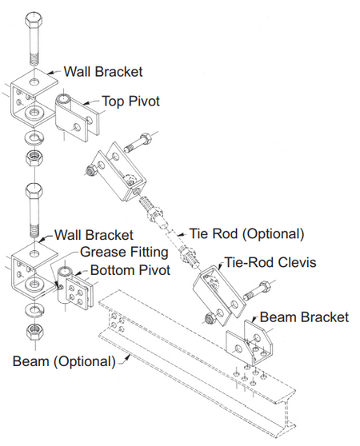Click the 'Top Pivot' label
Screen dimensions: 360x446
tap(131, 102)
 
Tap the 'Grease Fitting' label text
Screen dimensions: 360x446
tap(124, 252)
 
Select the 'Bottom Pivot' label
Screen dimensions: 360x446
tap(130, 270)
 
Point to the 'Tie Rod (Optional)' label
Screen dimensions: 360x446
tap(246, 234)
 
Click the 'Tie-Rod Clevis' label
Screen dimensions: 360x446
tap(270, 262)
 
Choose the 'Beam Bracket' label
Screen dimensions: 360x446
tap(304, 317)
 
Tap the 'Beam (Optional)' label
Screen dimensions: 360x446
tap(64, 361)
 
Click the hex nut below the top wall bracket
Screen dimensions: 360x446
tap(34, 157)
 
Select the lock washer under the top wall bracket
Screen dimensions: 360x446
tap(34, 137)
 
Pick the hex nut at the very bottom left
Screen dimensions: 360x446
tap(34, 332)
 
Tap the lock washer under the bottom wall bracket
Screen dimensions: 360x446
tap(34, 310)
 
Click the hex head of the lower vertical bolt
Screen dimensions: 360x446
tap(34, 192)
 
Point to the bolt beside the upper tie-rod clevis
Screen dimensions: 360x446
tap(138, 144)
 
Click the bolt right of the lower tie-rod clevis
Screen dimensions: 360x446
tap(258, 291)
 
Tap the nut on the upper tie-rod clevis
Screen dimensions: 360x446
tap(92, 172)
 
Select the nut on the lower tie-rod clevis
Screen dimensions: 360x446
tap(211, 319)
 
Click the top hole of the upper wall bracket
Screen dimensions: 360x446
tap(34, 82)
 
